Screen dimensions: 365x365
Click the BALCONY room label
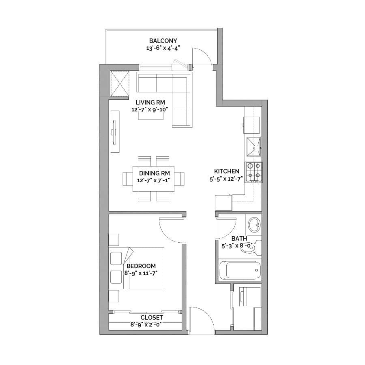pos(163,41)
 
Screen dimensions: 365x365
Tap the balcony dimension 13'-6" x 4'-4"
pos(163,49)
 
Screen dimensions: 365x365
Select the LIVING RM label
pos(150,102)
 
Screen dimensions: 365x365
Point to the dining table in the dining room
pos(154,179)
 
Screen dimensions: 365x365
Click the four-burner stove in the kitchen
pos(253,172)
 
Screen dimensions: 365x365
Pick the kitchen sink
pos(253,147)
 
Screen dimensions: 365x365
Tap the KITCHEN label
pos(227,171)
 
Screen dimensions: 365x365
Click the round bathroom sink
pos(254,225)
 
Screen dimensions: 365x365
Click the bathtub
pos(240,270)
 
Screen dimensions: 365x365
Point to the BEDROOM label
pos(141,266)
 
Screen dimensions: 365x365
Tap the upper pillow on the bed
pos(116,258)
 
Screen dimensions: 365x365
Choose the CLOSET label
pos(152,318)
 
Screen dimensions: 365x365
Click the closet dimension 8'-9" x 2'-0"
pos(146,324)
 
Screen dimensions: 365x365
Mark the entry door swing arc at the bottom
pos(205,314)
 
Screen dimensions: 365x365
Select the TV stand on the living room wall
pos(115,132)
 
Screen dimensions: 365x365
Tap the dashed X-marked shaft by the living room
pos(120,84)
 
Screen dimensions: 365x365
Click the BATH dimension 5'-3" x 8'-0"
pos(237,246)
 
